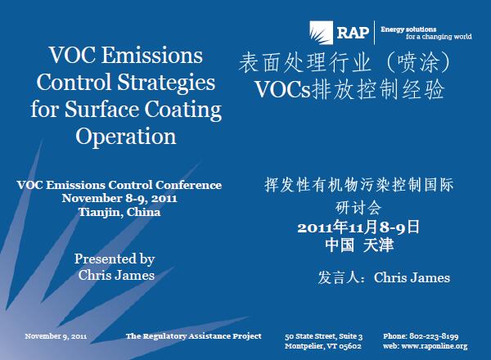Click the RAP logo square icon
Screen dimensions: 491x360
322,33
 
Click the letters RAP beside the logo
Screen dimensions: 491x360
353,33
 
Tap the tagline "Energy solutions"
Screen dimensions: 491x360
408,29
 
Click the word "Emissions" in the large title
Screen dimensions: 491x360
152,55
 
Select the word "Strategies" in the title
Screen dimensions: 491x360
166,82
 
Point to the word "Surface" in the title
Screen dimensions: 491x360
102,110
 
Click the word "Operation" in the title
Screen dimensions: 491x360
126,137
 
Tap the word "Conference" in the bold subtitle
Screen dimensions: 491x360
188,185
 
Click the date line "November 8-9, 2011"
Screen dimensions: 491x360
119,198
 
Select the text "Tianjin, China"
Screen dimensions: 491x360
119,212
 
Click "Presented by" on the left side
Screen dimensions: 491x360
115,259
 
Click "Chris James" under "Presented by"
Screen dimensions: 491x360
116,275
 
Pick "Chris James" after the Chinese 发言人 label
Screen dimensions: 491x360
412,277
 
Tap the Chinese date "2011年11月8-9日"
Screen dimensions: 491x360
358,227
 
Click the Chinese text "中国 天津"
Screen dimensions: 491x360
359,245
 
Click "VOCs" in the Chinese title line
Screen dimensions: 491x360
283,89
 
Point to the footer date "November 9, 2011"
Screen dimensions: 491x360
56,336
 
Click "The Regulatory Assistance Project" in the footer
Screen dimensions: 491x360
193,336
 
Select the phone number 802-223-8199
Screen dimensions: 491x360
434,336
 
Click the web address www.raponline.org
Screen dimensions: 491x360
435,346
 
